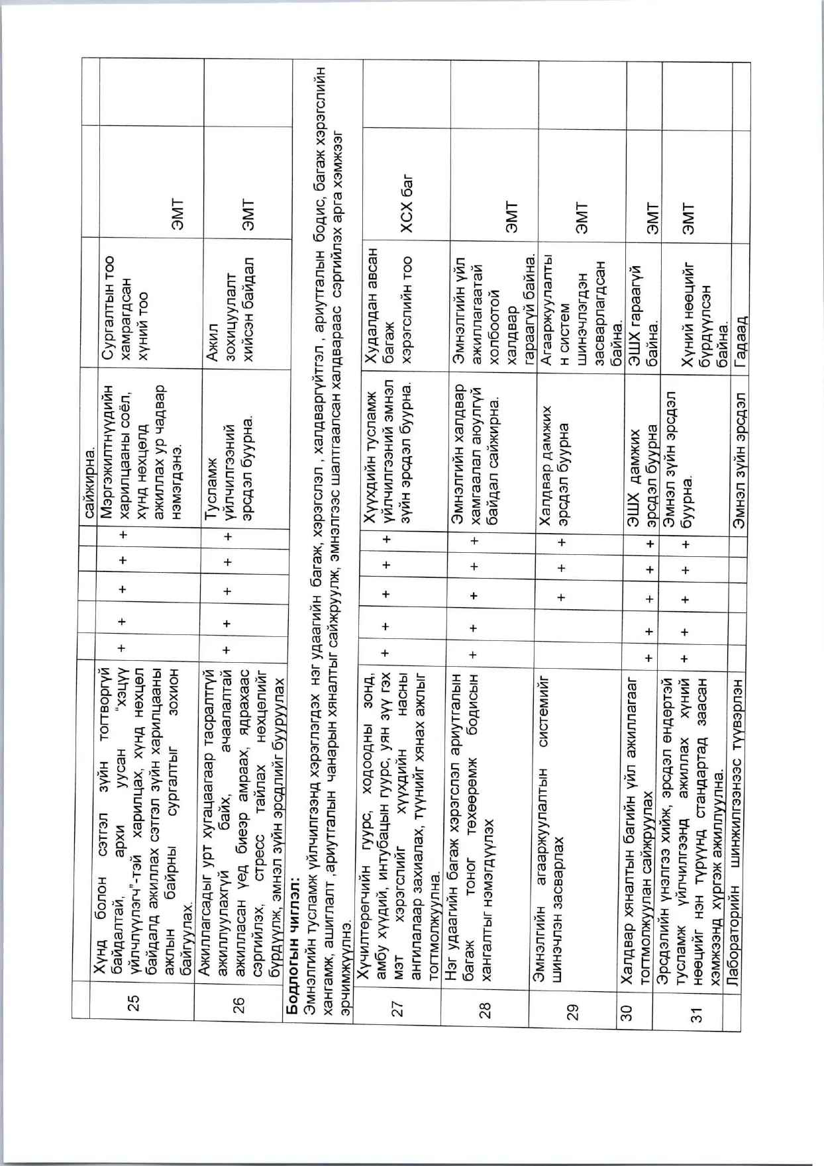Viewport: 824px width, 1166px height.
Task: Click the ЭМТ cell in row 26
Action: pyautogui.click(x=247, y=215)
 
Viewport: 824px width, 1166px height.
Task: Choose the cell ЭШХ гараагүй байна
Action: pyautogui.click(x=643, y=298)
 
